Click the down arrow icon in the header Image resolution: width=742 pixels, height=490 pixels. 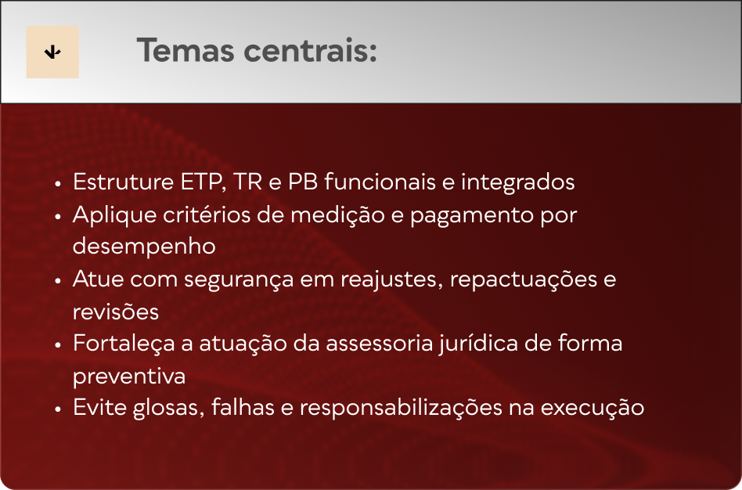pyautogui.click(x=52, y=52)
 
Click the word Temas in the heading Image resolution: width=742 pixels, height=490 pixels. pyautogui.click(x=185, y=50)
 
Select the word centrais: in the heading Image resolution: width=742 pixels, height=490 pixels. pyautogui.click(x=311, y=50)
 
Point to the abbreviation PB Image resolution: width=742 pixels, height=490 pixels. pyautogui.click(x=303, y=182)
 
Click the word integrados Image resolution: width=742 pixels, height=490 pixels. pyautogui.click(x=517, y=182)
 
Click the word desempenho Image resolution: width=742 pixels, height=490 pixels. pyautogui.click(x=144, y=247)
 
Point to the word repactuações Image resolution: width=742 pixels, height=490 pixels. pyautogui.click(x=523, y=279)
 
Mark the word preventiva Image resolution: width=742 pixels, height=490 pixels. pyautogui.click(x=128, y=377)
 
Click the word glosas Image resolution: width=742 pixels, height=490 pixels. pyautogui.click(x=168, y=408)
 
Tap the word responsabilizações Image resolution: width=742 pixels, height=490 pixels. pyautogui.click(x=401, y=408)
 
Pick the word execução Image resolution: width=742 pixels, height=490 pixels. pyautogui.click(x=592, y=408)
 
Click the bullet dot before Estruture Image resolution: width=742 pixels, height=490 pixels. pyautogui.click(x=58, y=184)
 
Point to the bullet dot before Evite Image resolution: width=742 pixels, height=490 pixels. pyautogui.click(x=58, y=409)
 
